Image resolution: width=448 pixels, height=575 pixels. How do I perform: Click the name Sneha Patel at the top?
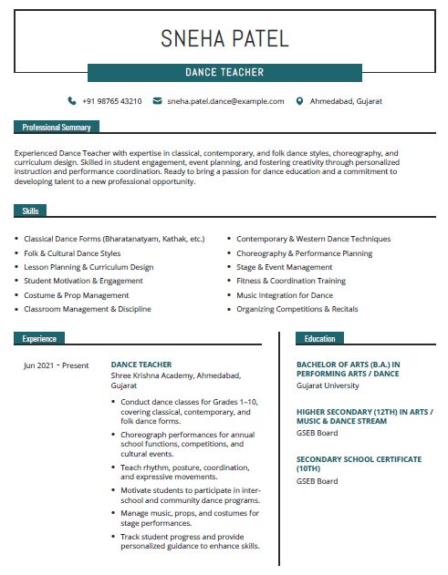pos(224,38)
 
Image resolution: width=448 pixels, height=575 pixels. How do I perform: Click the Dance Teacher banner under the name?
pos(224,72)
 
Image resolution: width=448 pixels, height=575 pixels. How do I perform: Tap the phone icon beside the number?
pos(72,101)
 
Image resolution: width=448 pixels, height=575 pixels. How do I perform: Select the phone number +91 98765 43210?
pos(111,101)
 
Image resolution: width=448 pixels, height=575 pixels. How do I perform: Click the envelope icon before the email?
pos(157,101)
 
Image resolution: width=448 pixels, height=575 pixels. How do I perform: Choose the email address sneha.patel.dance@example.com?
pos(225,101)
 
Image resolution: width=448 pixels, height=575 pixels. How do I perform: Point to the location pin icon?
pos(299,101)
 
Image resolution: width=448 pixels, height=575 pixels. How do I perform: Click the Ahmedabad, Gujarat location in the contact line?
pos(346,101)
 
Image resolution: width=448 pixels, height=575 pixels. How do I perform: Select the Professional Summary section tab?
pos(57,128)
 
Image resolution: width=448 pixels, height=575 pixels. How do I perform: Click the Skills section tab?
pos(30,211)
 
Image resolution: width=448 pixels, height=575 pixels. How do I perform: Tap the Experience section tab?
pos(39,339)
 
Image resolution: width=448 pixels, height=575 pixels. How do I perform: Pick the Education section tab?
pos(319,339)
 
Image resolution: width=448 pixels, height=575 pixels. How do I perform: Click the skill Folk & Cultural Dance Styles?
pos(72,253)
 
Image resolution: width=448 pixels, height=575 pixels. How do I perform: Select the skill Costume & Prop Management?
pos(77,295)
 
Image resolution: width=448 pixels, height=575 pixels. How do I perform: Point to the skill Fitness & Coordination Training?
pos(291,282)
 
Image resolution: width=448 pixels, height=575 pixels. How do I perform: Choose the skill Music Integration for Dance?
pos(285,295)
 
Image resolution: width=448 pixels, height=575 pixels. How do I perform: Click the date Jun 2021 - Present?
pos(57,365)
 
